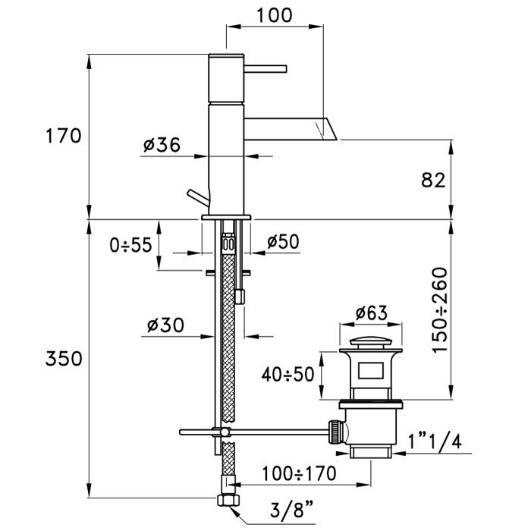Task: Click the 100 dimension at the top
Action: [275, 14]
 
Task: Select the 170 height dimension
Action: [62, 137]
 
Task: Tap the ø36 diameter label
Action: [161, 145]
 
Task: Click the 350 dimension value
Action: [62, 358]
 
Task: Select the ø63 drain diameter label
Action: [372, 312]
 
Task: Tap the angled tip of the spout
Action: [330, 129]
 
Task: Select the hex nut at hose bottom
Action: [225, 501]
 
